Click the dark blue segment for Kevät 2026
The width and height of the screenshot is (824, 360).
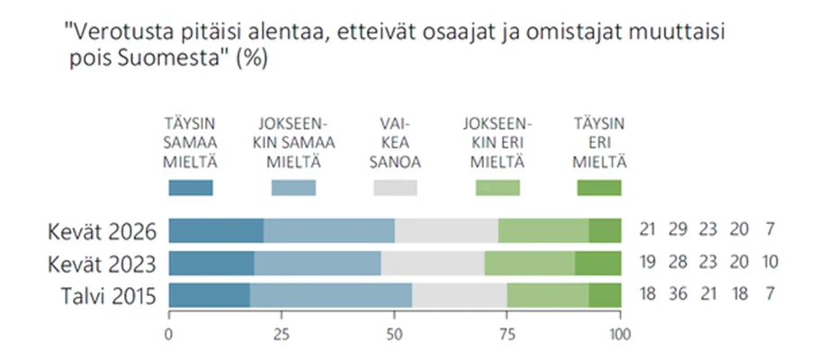pyautogui.click(x=216, y=230)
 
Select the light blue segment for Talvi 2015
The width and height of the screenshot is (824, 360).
pyautogui.click(x=331, y=296)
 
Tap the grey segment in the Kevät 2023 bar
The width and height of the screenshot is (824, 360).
pyautogui.click(x=433, y=264)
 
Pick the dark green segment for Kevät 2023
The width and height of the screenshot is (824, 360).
pyautogui.click(x=598, y=264)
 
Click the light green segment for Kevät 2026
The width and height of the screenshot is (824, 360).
pyautogui.click(x=543, y=230)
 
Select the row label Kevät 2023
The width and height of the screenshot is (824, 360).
pyautogui.click(x=103, y=264)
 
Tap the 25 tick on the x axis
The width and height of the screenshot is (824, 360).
pyautogui.click(x=282, y=334)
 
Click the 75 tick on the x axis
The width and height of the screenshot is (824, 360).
pyautogui.click(x=507, y=334)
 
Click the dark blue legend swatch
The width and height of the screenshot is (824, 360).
pyautogui.click(x=191, y=188)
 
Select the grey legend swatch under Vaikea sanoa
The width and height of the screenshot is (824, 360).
pyautogui.click(x=395, y=188)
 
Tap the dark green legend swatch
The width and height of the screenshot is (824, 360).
pyautogui.click(x=598, y=188)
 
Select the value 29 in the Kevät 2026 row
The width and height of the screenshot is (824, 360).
pyautogui.click(x=677, y=231)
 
